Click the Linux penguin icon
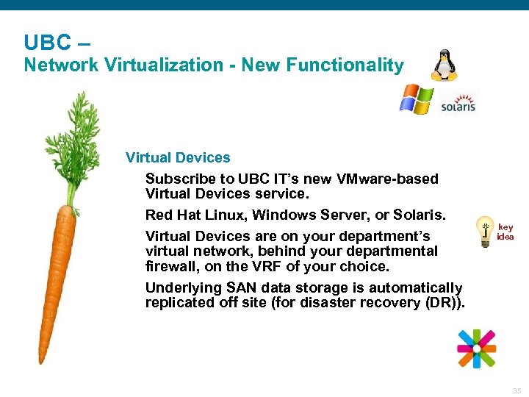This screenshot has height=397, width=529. point(444,65)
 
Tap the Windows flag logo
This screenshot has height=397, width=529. point(416,99)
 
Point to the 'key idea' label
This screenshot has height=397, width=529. point(505,232)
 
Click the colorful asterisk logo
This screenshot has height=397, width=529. point(476,348)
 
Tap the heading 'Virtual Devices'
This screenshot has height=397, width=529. point(178,157)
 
